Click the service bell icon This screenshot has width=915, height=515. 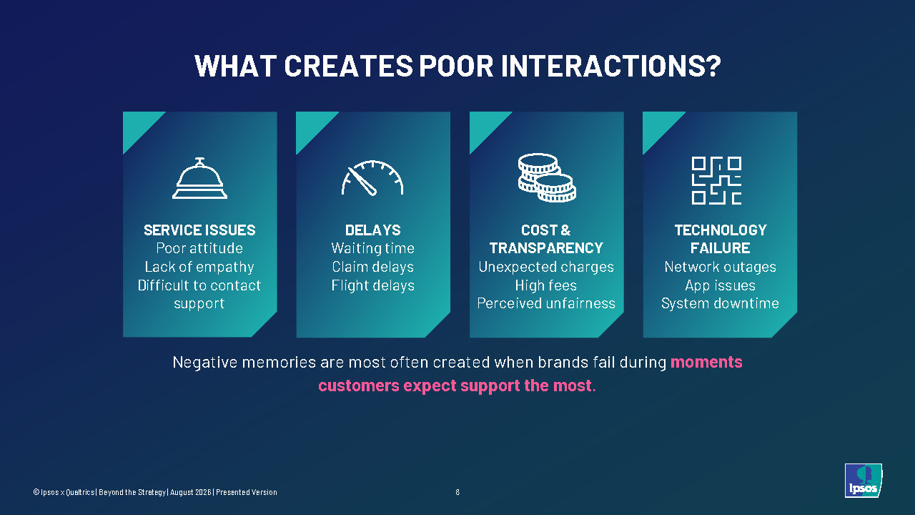coord(199,178)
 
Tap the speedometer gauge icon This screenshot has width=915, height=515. coord(372,178)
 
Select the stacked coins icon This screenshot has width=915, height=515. coord(547,178)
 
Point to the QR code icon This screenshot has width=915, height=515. coord(716,180)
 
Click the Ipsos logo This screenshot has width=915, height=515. coord(863,480)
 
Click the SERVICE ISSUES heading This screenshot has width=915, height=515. coord(199,230)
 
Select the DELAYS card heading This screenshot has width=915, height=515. coord(373,230)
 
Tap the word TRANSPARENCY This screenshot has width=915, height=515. coord(546,248)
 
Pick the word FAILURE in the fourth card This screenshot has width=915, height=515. coord(720,248)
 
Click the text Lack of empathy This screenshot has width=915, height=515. coord(199,267)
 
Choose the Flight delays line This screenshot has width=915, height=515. coord(373,285)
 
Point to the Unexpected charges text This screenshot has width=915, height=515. coord(546,267)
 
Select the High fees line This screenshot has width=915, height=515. coord(546,285)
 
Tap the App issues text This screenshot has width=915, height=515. coord(720,285)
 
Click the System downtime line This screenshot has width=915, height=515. coord(720,303)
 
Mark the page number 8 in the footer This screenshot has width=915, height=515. coord(457,492)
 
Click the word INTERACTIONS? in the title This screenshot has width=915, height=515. coord(610,66)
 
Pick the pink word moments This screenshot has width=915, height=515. coord(706,362)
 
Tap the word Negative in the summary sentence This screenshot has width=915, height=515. coord(204,363)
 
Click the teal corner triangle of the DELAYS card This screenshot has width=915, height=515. coord(311,127)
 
